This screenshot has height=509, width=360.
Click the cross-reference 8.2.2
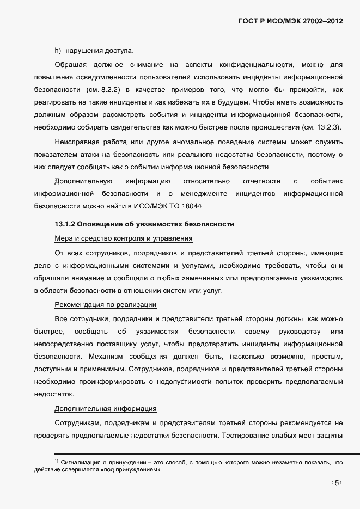[109, 89]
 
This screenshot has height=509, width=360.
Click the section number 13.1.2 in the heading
[66, 224]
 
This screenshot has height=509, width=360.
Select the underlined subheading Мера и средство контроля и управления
[124, 238]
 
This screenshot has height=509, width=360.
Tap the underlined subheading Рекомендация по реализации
[106, 304]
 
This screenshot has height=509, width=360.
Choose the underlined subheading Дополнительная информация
[106, 408]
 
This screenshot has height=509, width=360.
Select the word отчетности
[262, 181]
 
